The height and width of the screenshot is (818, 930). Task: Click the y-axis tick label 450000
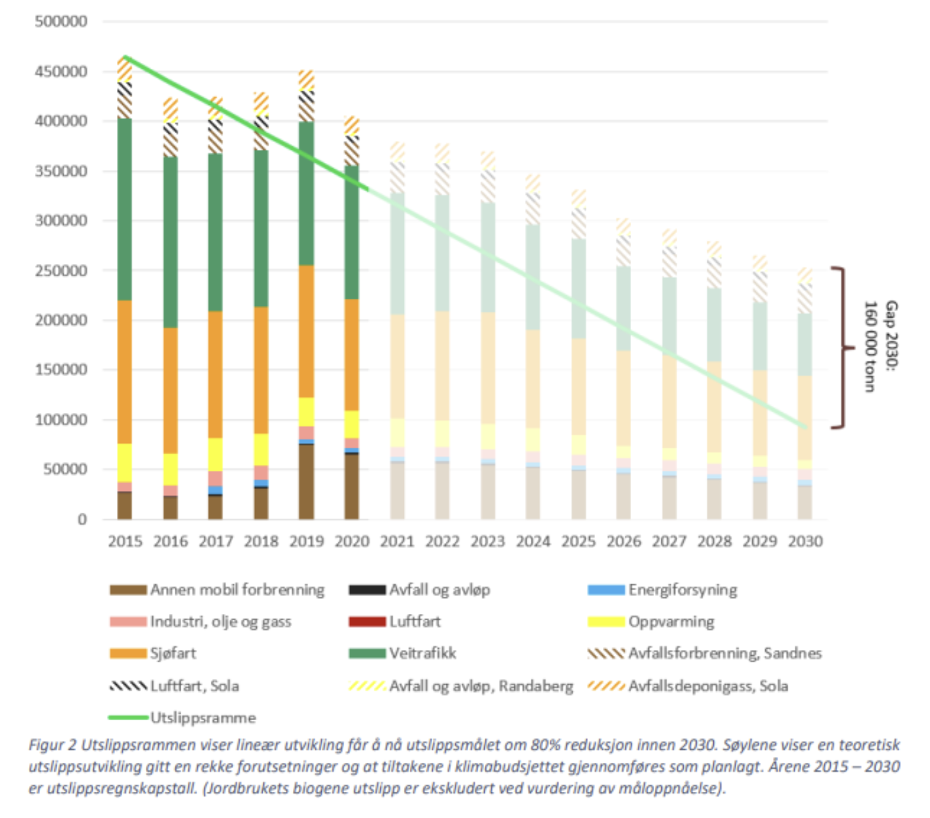61,72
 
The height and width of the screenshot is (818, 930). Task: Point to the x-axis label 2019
307,542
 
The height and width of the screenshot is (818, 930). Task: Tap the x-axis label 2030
805,542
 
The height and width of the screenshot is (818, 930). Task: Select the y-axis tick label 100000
61,420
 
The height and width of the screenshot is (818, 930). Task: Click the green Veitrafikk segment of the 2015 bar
125,210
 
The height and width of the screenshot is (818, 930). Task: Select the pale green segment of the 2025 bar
578,289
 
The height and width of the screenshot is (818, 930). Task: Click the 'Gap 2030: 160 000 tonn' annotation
880,347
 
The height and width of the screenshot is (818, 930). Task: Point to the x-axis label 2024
533,542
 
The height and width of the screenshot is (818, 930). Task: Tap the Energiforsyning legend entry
682,590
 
